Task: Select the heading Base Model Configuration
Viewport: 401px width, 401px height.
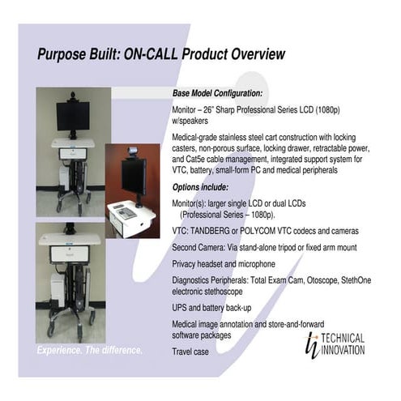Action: [217, 94]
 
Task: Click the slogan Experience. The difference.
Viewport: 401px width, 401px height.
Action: [90, 351]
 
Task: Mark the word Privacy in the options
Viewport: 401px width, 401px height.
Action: [187, 263]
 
